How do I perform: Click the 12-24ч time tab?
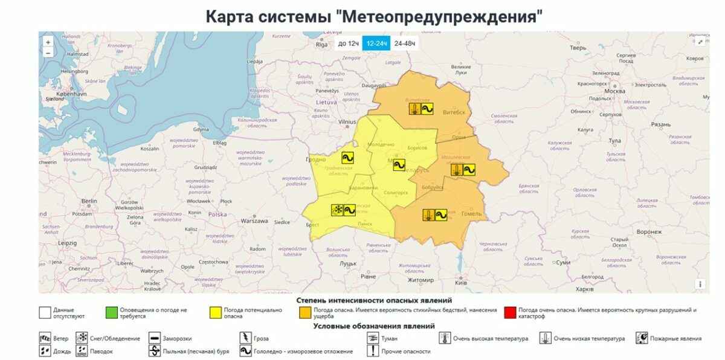point(376,43)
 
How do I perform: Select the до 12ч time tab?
point(349,43)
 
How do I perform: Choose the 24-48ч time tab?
point(404,43)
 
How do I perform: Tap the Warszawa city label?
point(254,221)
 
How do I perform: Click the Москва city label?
point(614,91)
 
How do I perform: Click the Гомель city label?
point(471,213)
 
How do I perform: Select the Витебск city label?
point(455,112)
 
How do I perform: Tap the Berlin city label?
point(89,201)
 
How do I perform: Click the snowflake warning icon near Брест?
point(337,210)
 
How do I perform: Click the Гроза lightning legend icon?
point(245,338)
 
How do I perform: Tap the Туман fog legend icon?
point(373,338)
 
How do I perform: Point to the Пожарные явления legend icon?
point(642,338)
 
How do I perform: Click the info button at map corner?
point(700,284)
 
